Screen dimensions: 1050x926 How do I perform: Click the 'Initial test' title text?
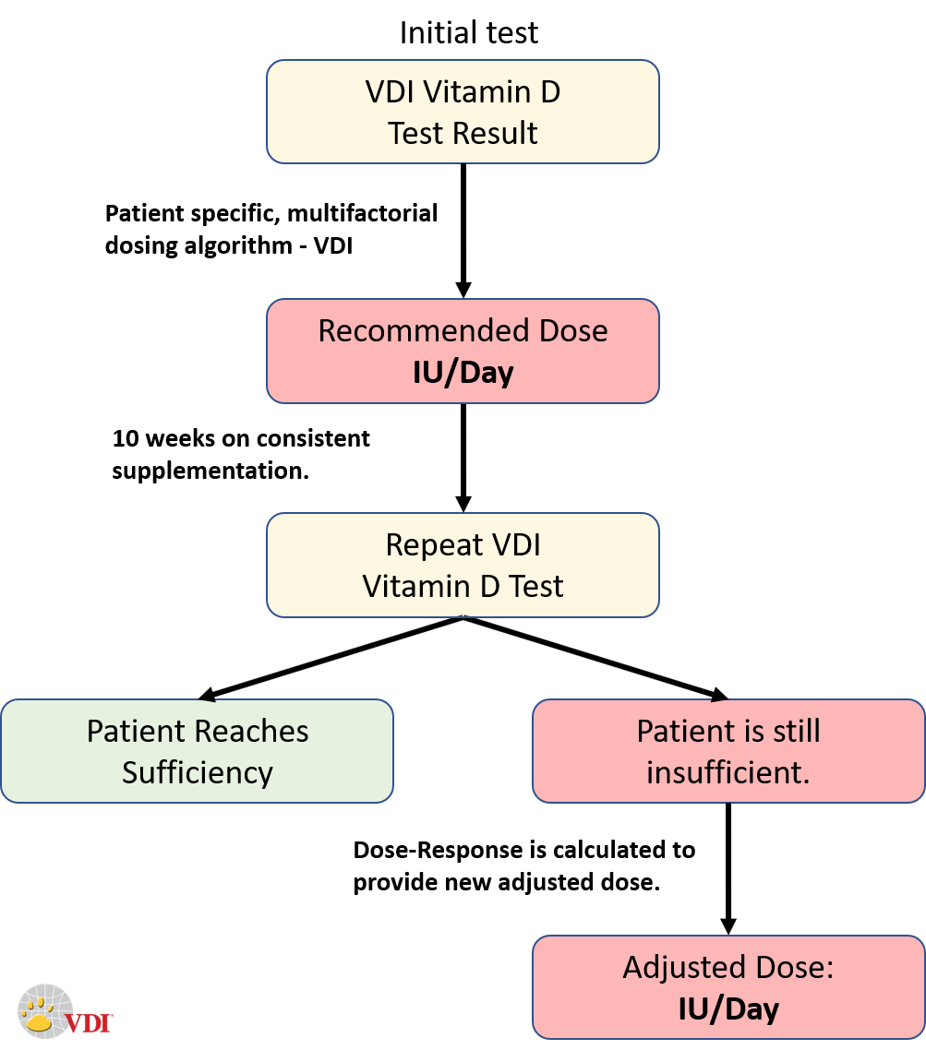(x=468, y=33)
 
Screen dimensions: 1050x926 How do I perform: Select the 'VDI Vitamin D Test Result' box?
(x=463, y=112)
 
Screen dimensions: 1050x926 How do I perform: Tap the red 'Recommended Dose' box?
(x=463, y=351)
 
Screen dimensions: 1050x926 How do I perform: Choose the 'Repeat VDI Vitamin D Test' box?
(x=463, y=565)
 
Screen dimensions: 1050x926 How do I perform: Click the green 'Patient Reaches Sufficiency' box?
(x=197, y=751)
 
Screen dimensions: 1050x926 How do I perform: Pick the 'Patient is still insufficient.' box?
(x=728, y=751)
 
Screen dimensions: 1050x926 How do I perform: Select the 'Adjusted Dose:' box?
(x=728, y=987)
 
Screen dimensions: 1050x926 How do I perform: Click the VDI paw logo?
(x=44, y=1008)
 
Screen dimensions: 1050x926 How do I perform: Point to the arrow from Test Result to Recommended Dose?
(x=463, y=231)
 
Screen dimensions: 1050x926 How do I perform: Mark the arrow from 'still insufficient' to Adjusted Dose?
(x=728, y=867)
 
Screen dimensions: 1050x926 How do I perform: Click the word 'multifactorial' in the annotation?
(x=361, y=214)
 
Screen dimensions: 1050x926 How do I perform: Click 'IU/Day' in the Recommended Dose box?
(x=463, y=375)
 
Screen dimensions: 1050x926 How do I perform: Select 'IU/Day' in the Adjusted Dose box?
(x=728, y=1009)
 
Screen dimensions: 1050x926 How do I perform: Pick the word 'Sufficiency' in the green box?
(x=197, y=772)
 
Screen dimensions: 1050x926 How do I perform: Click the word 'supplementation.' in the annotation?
(x=210, y=471)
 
